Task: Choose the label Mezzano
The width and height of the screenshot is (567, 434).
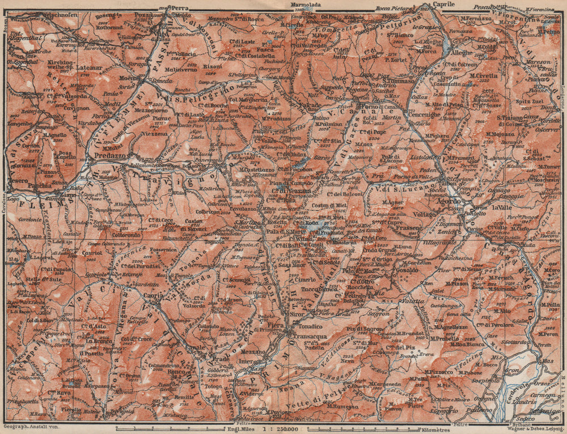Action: [253, 351]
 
